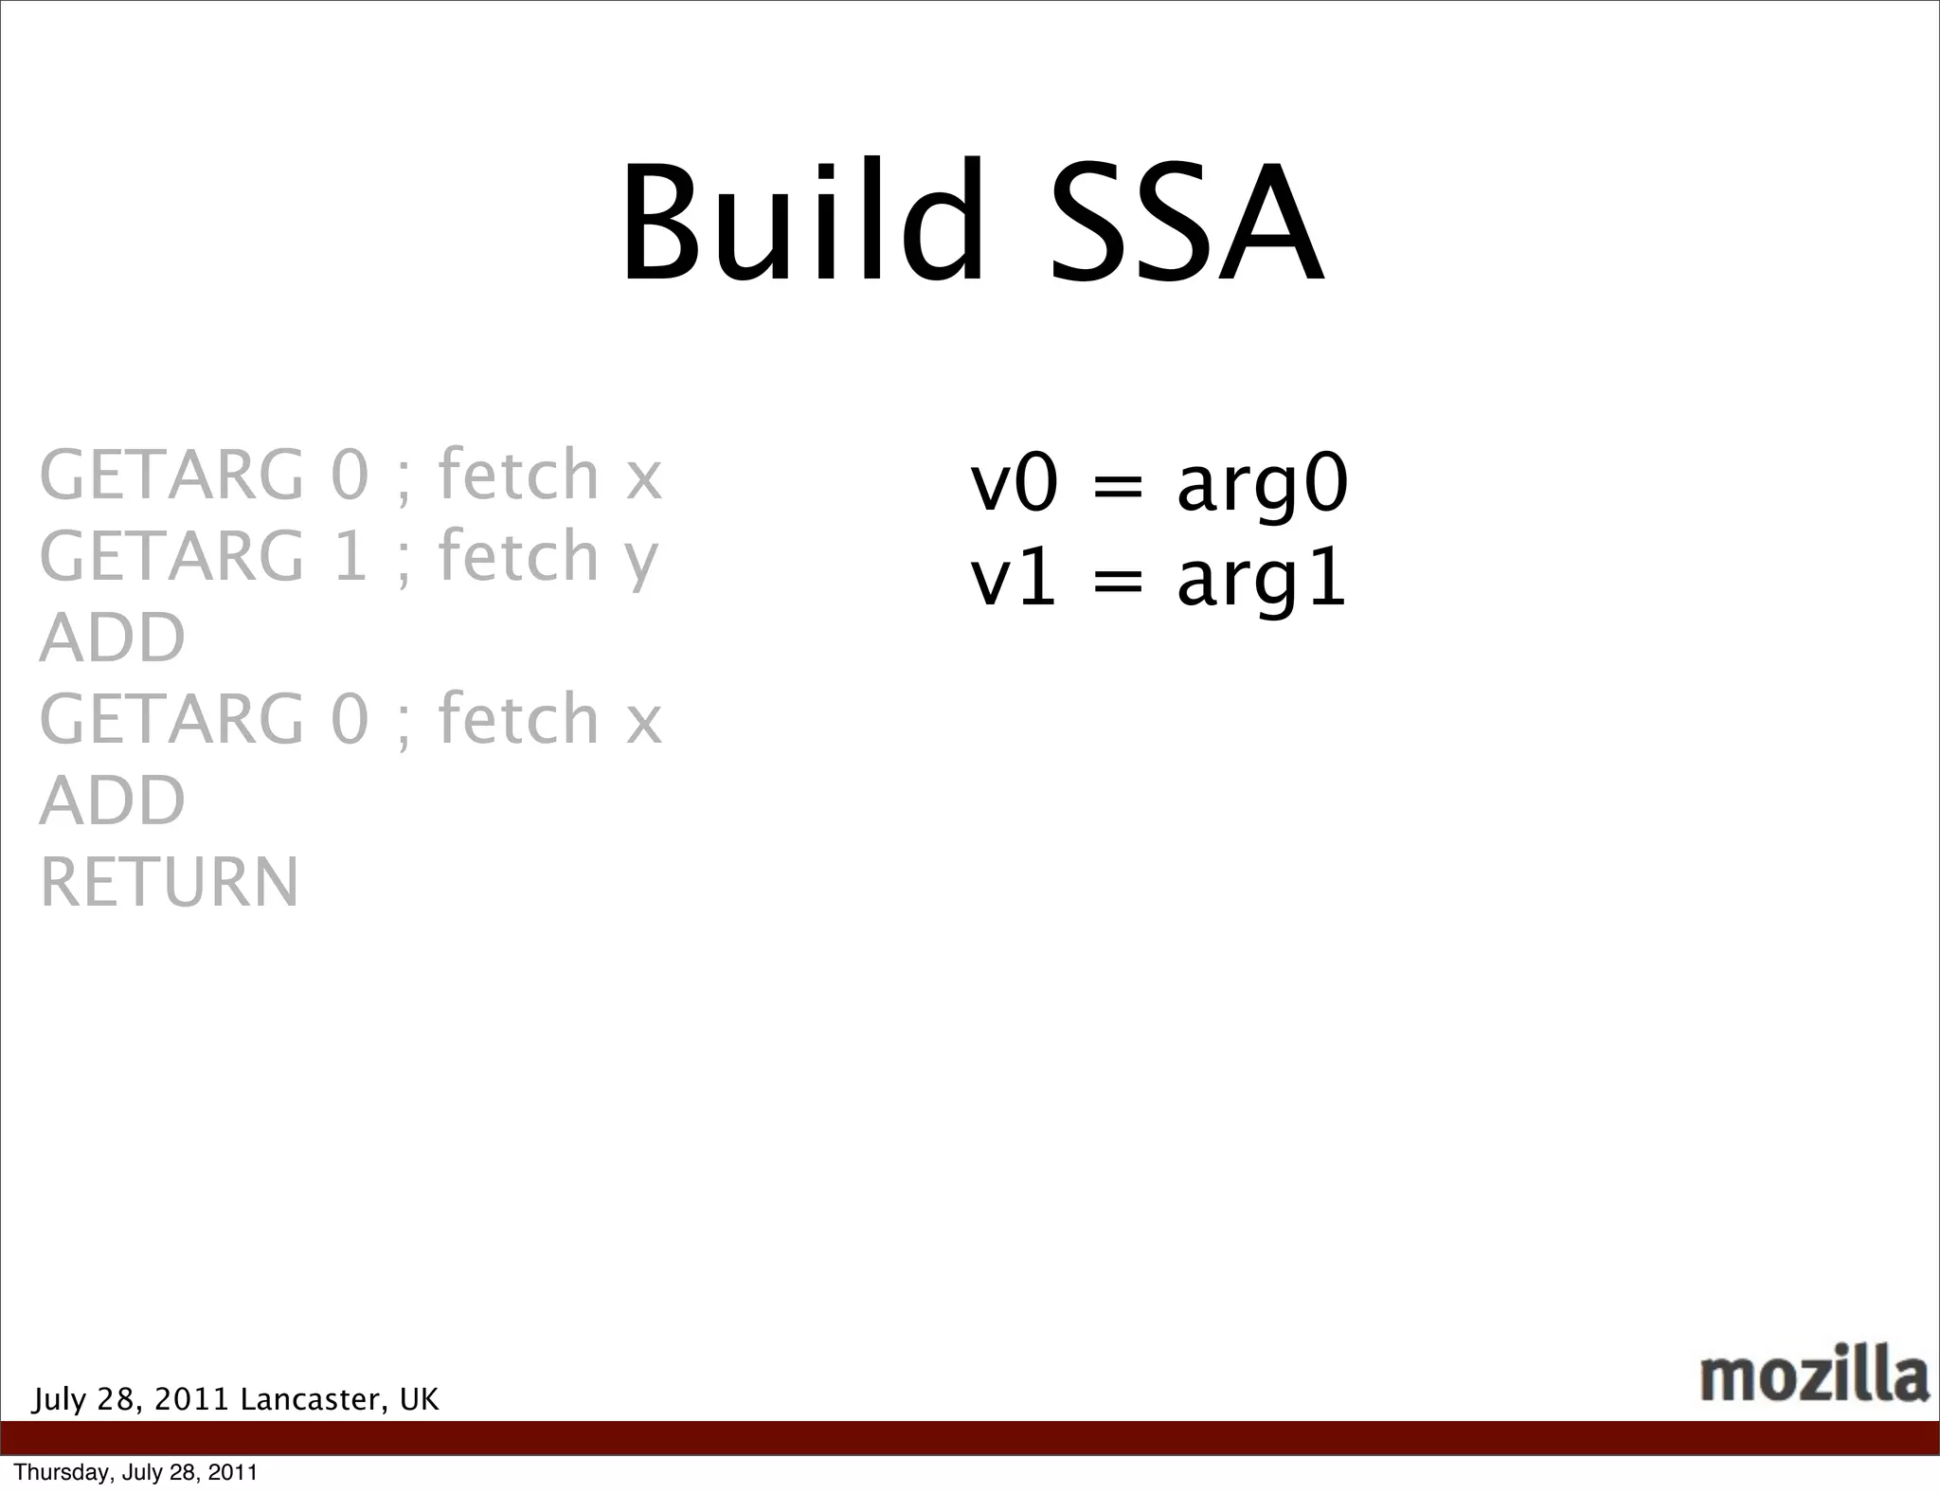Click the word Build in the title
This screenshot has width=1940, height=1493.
pyautogui.click(x=801, y=224)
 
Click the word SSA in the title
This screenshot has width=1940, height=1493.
pyautogui.click(x=1186, y=224)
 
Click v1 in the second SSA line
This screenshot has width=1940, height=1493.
pyautogui.click(x=1013, y=580)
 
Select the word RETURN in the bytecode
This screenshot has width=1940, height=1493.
pyautogui.click(x=170, y=882)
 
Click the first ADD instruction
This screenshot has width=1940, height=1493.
pyautogui.click(x=113, y=638)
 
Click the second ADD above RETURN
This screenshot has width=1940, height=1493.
pyautogui.click(x=113, y=800)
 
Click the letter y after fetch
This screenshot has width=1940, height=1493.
pyautogui.click(x=641, y=561)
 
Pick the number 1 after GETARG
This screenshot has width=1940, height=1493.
pyautogui.click(x=350, y=556)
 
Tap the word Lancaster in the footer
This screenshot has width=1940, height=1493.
pyautogui.click(x=313, y=1399)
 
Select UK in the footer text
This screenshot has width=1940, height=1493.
pyautogui.click(x=419, y=1399)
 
